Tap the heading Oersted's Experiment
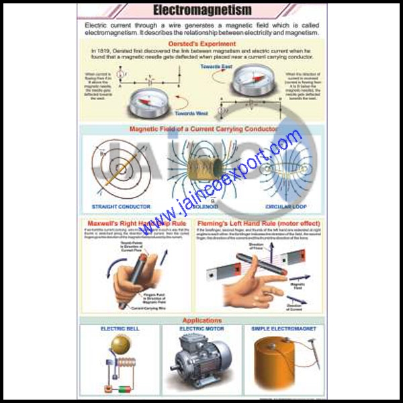[x=201, y=42]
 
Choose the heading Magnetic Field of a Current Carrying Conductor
[x=203, y=128]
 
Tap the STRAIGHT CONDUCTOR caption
[x=121, y=206]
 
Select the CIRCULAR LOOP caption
[x=287, y=206]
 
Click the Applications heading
[x=202, y=320]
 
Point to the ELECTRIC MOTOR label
[x=201, y=329]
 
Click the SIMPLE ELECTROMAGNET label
[x=282, y=329]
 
